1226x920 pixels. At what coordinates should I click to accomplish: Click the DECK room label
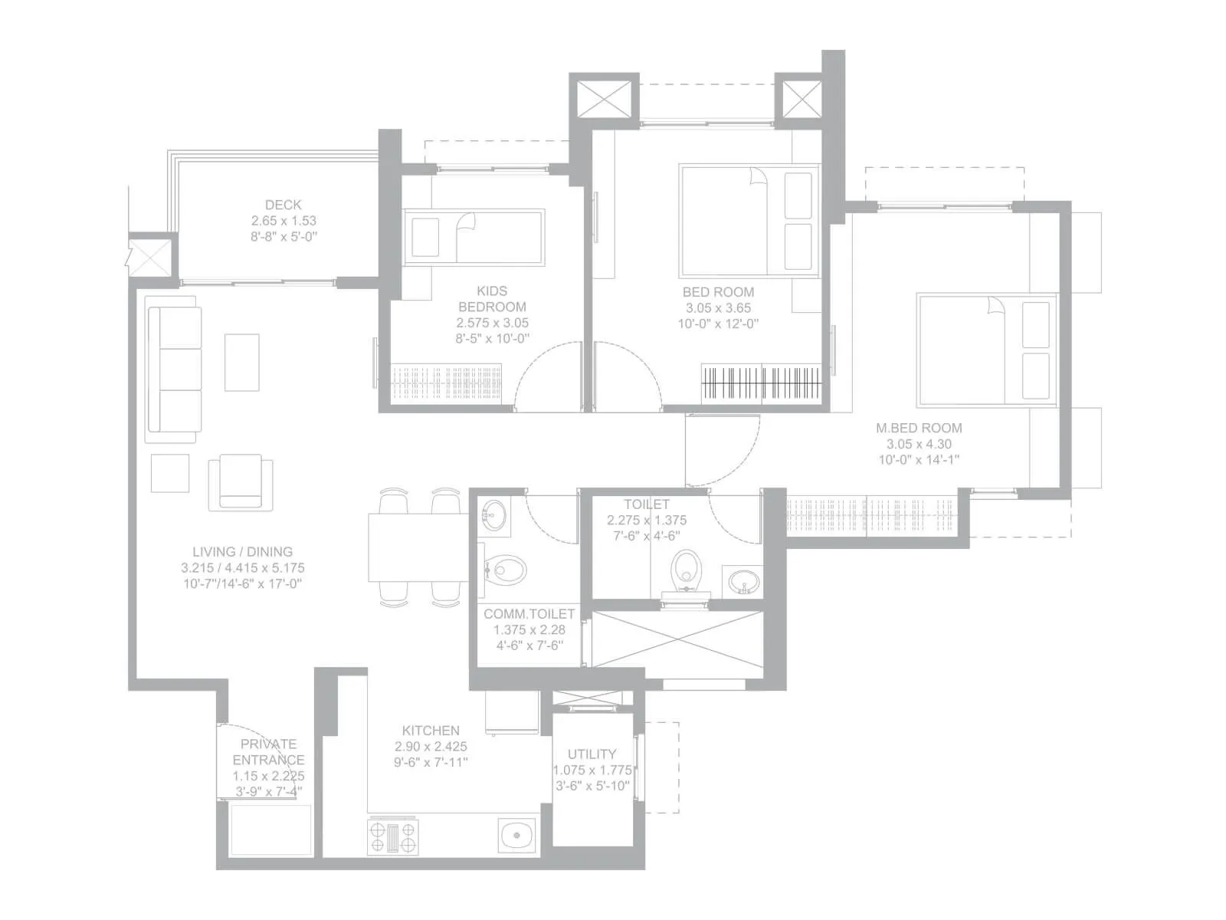point(283,205)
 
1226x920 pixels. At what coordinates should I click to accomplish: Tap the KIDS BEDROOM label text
point(492,299)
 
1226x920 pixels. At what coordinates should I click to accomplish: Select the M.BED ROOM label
point(919,428)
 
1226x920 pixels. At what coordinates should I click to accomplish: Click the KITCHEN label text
point(431,731)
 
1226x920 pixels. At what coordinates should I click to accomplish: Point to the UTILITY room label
point(592,754)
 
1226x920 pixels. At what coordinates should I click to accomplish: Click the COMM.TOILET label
point(529,614)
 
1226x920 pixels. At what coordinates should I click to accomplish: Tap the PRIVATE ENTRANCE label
point(268,752)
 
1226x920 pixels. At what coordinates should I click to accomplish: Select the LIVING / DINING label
point(242,551)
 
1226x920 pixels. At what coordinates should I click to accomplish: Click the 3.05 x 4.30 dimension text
point(919,444)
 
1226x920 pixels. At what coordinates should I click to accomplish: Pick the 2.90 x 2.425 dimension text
point(431,746)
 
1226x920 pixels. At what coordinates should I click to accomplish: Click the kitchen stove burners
point(393,836)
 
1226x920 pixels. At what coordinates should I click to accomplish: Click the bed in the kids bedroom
point(474,236)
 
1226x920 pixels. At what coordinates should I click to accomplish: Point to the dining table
point(418,548)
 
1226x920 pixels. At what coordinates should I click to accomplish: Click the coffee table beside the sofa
point(242,362)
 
